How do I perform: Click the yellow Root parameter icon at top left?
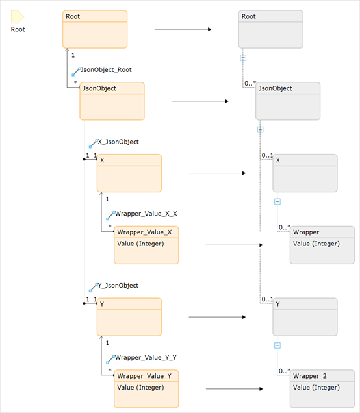point(18,18)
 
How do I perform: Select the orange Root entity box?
point(95,29)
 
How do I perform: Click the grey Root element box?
point(270,29)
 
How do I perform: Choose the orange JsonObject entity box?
point(112,101)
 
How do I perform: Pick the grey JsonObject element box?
point(288,101)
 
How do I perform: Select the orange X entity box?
point(129,173)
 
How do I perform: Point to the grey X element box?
point(305,173)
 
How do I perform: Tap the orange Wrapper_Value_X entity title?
point(144,232)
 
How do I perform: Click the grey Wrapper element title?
point(306,232)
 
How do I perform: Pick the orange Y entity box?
point(129,317)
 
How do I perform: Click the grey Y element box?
point(305,317)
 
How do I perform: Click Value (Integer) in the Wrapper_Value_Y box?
point(140,388)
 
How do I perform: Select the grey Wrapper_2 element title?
point(309,376)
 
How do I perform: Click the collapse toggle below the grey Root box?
point(243,58)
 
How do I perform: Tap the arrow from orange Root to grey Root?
point(183,29)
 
